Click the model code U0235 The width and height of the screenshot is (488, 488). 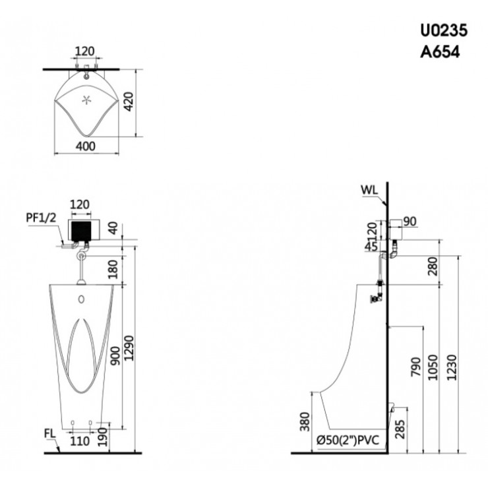tap(444, 30)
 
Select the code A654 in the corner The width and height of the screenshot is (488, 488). tap(441, 51)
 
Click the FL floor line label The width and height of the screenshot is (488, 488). tap(49, 434)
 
